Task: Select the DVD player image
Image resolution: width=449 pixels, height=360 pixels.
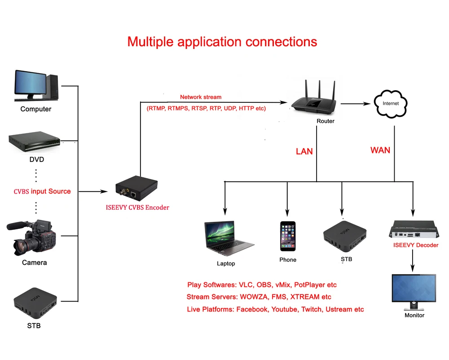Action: coord(35,143)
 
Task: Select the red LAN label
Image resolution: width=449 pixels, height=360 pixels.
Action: coord(304,151)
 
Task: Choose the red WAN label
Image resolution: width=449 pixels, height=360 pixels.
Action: coord(380,150)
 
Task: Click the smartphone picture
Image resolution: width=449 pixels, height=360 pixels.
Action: coord(288,236)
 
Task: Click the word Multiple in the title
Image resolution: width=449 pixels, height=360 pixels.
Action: coord(151,42)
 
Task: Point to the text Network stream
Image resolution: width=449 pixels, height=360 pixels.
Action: coord(201,97)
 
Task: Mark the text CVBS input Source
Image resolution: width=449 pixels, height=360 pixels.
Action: coord(42,191)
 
